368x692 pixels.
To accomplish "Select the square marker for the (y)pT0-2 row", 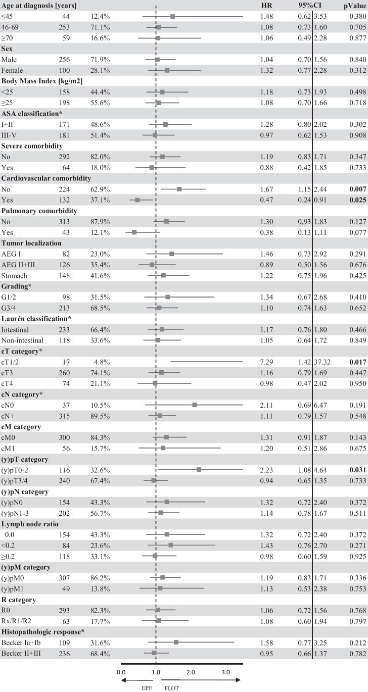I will (199, 470).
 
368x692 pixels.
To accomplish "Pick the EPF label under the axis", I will (141, 687).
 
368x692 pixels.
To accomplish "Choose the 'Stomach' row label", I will (15, 275).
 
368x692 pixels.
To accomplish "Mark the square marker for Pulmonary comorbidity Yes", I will (134, 232).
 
